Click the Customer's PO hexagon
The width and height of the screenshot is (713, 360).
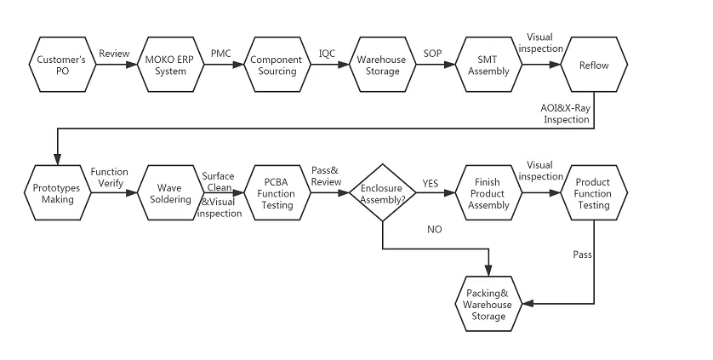coord(60,66)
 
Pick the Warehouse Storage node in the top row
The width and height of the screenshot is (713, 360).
coord(382,66)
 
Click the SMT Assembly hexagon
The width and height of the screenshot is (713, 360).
coord(488,66)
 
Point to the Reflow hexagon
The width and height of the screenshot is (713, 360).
coord(594,66)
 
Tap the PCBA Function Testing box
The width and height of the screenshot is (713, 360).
coord(276,193)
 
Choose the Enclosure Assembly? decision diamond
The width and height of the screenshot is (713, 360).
coord(382,194)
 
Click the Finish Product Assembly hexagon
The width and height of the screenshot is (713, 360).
coord(488,193)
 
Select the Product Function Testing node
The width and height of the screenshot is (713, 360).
coord(593,193)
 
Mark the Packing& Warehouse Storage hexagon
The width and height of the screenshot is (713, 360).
coord(488,305)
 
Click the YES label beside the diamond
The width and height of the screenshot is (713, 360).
coord(431,184)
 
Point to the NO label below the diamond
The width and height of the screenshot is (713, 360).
coord(434,230)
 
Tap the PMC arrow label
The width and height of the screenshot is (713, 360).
coord(221,54)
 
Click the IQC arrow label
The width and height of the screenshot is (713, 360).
coord(327,54)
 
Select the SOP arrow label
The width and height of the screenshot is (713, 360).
coord(432,54)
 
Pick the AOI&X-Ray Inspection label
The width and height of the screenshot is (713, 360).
coord(565,113)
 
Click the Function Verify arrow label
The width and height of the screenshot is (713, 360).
coord(109,177)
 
